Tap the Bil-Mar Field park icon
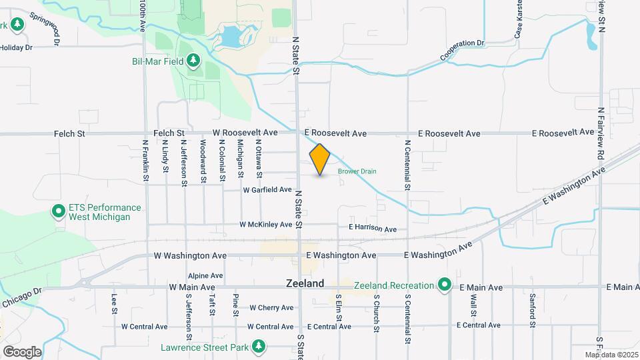pyautogui.click(x=193, y=61)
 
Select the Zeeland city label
pyautogui.click(x=305, y=283)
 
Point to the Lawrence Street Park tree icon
pyautogui.click(x=259, y=346)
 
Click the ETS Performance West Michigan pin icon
pyautogui.click(x=58, y=213)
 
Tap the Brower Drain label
pyautogui.click(x=357, y=171)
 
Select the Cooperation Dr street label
pyautogui.click(x=461, y=51)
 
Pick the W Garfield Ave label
pyautogui.click(x=267, y=190)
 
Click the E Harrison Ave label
pyautogui.click(x=373, y=228)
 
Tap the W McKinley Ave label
pyautogui.click(x=266, y=225)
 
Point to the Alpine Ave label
pyautogui.click(x=205, y=275)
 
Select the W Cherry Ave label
pyautogui.click(x=271, y=308)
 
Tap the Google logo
pyautogui.click(x=22, y=351)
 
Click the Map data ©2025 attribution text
pyautogui.click(x=611, y=355)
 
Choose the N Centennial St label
pyautogui.click(x=407, y=165)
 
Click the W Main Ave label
pyautogui.click(x=191, y=287)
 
